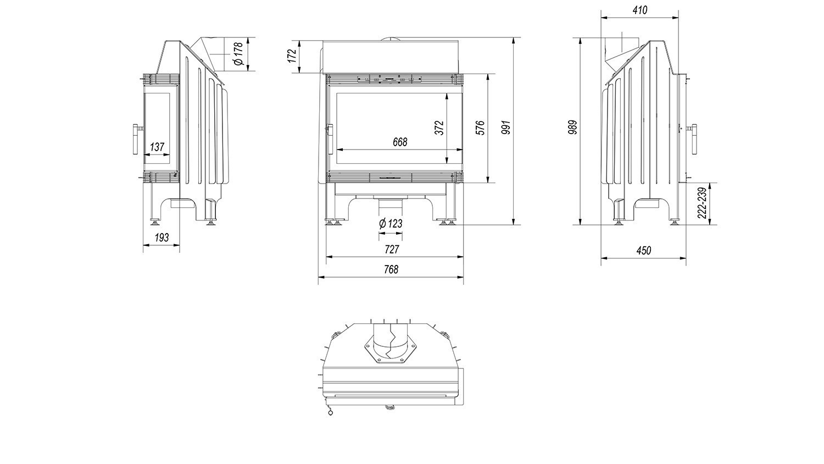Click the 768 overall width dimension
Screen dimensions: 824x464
[x=391, y=269]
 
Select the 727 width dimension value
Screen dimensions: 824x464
[x=392, y=250]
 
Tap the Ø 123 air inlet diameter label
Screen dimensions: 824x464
[x=391, y=224]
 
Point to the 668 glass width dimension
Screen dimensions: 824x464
[x=400, y=142]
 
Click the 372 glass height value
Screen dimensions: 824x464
[x=439, y=128]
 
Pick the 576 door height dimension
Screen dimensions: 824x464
[x=481, y=128]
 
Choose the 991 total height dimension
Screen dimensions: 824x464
[x=506, y=127]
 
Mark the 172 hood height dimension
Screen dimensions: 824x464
[x=292, y=56]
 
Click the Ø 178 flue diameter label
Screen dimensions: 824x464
[x=239, y=54]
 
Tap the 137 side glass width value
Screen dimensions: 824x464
[x=157, y=147]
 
